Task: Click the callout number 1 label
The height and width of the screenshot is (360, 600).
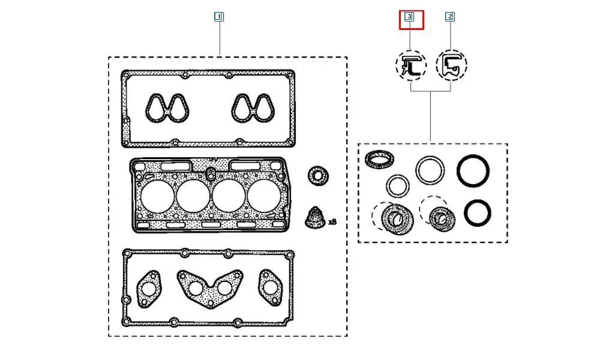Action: click(219, 17)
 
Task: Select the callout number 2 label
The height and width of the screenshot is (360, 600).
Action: click(450, 17)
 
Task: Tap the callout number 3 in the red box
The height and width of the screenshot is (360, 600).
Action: click(409, 17)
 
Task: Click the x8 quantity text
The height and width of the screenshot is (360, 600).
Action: click(332, 222)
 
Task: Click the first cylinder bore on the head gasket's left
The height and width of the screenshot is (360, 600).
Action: click(158, 196)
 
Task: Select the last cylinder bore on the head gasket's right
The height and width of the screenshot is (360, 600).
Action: click(265, 196)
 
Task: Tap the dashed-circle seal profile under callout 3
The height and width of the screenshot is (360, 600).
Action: click(411, 65)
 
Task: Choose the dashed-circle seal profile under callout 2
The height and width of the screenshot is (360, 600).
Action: click(452, 65)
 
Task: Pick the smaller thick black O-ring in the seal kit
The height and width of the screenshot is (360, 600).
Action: click(478, 213)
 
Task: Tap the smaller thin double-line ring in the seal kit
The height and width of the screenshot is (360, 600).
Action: click(397, 187)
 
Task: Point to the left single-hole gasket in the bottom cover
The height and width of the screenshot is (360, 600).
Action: click(149, 287)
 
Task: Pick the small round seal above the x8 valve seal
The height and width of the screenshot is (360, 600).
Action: click(317, 176)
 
